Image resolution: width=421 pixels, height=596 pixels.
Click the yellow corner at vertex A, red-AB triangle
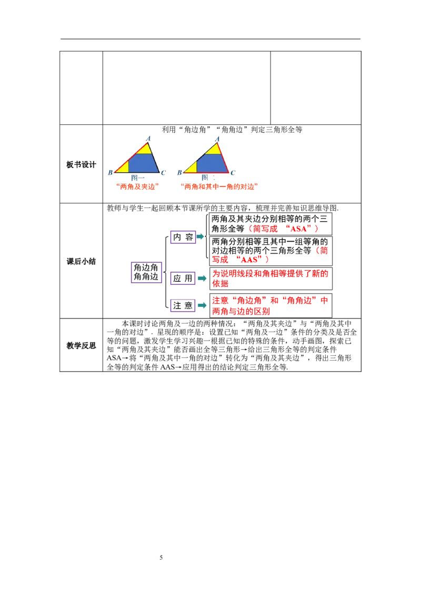[145, 148]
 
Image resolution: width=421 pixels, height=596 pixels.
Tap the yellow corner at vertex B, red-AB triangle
[123, 167]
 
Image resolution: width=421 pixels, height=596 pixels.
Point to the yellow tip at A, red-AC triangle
[214, 149]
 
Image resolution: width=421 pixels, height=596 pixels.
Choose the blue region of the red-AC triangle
[210, 164]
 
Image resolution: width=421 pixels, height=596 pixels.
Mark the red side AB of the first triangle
[131, 157]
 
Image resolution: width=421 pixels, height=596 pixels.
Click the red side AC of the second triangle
[223, 157]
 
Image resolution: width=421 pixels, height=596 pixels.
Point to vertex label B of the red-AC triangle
[179, 173]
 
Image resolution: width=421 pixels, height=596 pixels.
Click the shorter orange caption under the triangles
[137, 186]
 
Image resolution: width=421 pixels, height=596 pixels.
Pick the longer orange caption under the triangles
[219, 186]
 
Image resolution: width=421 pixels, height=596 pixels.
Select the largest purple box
[147, 273]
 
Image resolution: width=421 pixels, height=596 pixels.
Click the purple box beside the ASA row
[183, 236]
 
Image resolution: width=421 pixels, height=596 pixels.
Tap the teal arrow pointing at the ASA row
[201, 236]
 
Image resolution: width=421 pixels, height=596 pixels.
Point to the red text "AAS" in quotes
[251, 259]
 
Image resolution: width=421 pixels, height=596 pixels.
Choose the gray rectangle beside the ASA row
[344, 225]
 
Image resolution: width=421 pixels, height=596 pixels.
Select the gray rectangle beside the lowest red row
[344, 305]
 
